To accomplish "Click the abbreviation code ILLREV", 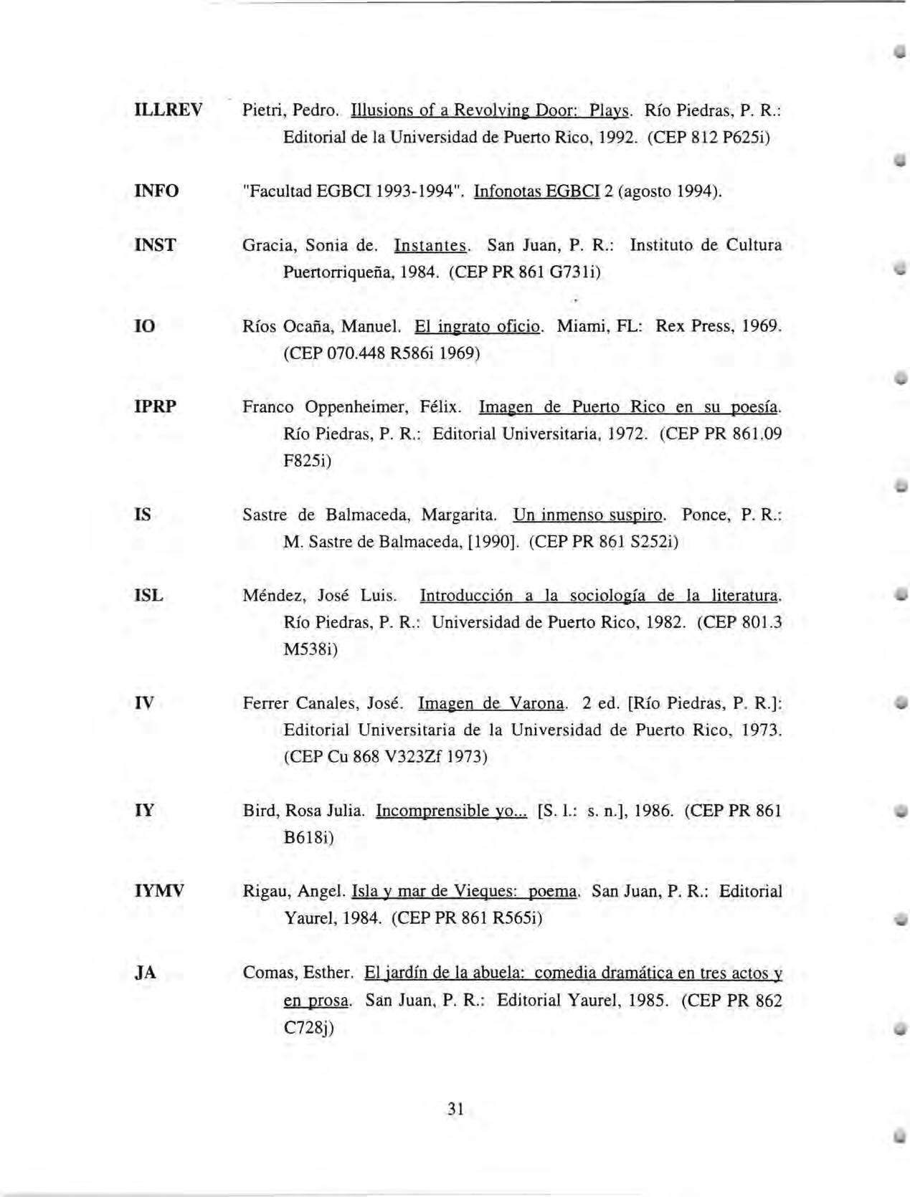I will tap(169, 110).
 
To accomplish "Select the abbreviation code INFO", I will tap(156, 191).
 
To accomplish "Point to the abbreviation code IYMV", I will tap(159, 892).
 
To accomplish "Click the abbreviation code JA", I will tap(145, 973).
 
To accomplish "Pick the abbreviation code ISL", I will tap(148, 595).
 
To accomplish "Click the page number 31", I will tap(455, 1110).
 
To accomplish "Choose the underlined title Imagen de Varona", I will tap(493, 703).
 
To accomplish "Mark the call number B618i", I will tap(308, 837).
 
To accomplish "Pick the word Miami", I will tap(577, 327).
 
